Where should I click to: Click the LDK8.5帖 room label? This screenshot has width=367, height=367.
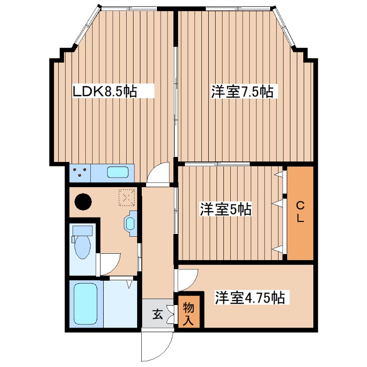pyautogui.click(x=105, y=91)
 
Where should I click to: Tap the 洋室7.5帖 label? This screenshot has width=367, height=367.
pyautogui.click(x=242, y=92)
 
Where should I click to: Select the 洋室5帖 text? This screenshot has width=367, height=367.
pyautogui.click(x=225, y=210)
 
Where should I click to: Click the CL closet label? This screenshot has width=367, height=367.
pyautogui.click(x=300, y=211)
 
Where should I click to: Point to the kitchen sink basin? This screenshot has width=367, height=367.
pyautogui.click(x=118, y=173)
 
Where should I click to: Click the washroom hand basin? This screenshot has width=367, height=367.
pyautogui.click(x=130, y=224)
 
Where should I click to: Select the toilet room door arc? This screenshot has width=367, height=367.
pyautogui.click(x=110, y=264)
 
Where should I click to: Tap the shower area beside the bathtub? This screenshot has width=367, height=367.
pyautogui.click(x=120, y=303)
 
